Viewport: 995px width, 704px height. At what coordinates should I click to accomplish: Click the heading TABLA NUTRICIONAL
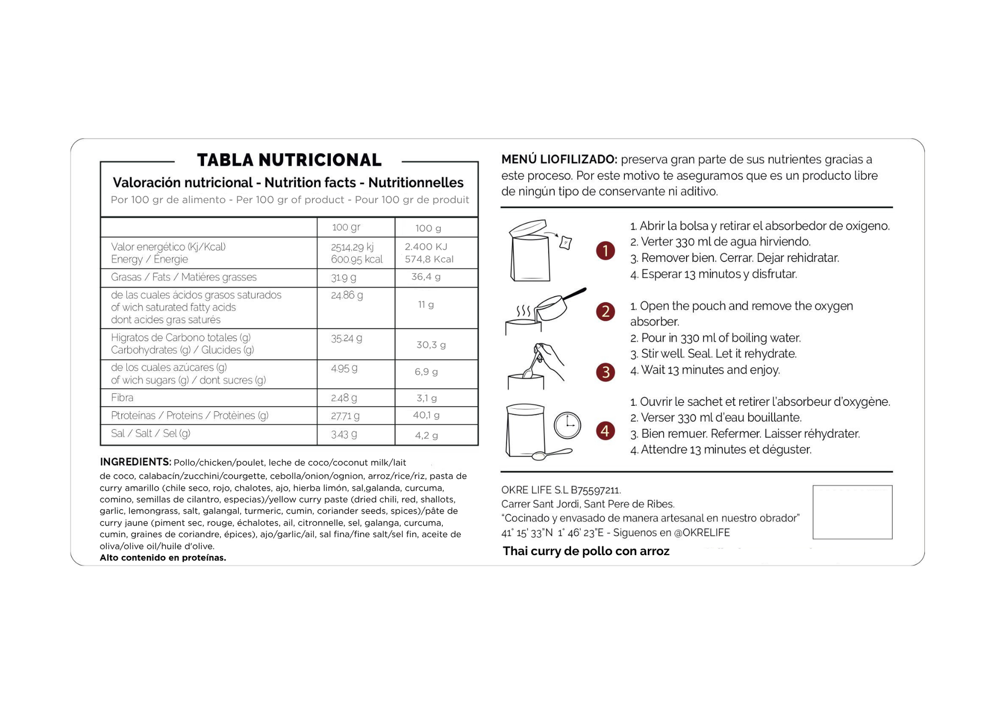click(x=289, y=160)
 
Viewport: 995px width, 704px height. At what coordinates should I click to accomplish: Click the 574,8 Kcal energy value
click(x=428, y=259)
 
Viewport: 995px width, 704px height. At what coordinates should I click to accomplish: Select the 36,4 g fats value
click(x=425, y=277)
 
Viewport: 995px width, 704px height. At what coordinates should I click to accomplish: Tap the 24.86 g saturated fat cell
click(x=347, y=295)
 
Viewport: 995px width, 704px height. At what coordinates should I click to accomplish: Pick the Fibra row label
click(x=122, y=398)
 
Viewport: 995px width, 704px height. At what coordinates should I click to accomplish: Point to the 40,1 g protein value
click(x=426, y=415)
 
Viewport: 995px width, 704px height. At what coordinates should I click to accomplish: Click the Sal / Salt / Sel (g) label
click(x=150, y=433)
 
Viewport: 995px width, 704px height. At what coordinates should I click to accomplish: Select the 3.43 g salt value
click(x=344, y=434)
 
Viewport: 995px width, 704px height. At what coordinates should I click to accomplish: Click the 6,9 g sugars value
click(x=426, y=372)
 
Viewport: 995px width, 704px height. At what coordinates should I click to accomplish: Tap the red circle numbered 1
click(x=605, y=251)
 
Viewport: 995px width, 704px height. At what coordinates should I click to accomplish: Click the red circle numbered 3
click(x=605, y=372)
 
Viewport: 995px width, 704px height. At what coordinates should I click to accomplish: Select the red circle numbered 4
click(x=605, y=431)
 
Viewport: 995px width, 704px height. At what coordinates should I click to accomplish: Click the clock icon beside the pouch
click(x=567, y=425)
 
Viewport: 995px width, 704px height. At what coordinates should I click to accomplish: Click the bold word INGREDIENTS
click(x=135, y=462)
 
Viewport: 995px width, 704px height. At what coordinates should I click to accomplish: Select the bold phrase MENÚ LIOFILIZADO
click(x=559, y=160)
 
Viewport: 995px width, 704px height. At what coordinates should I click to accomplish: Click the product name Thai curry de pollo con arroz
click(x=585, y=551)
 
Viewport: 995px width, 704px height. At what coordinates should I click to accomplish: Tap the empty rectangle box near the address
click(x=852, y=512)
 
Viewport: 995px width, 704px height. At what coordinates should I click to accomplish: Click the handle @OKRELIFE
click(x=702, y=533)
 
